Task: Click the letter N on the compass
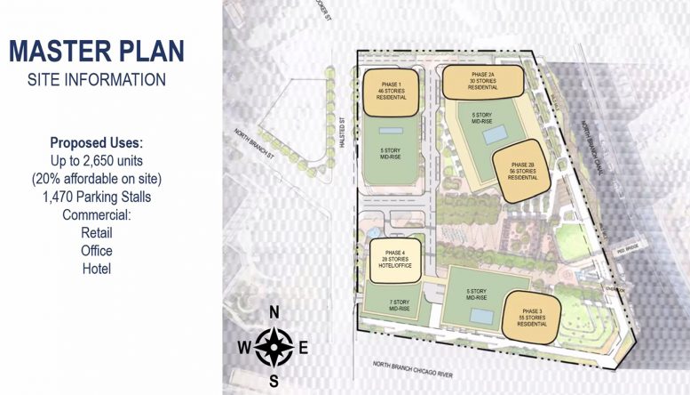coord(275,310)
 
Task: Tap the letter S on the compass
coord(275,381)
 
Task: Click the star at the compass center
coord(275,345)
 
